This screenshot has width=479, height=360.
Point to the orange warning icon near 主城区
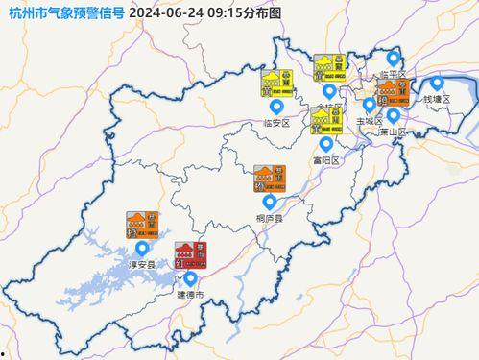387,92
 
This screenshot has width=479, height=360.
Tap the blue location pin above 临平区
392,60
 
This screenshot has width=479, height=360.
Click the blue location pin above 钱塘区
437,84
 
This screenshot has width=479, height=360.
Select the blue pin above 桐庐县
270,203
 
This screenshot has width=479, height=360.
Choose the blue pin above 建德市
190,278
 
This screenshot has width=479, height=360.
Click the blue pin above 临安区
276,107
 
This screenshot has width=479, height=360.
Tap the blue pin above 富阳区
325,144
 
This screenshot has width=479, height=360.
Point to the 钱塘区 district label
437,100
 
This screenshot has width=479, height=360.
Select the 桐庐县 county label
270,219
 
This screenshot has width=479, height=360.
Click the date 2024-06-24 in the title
163,12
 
